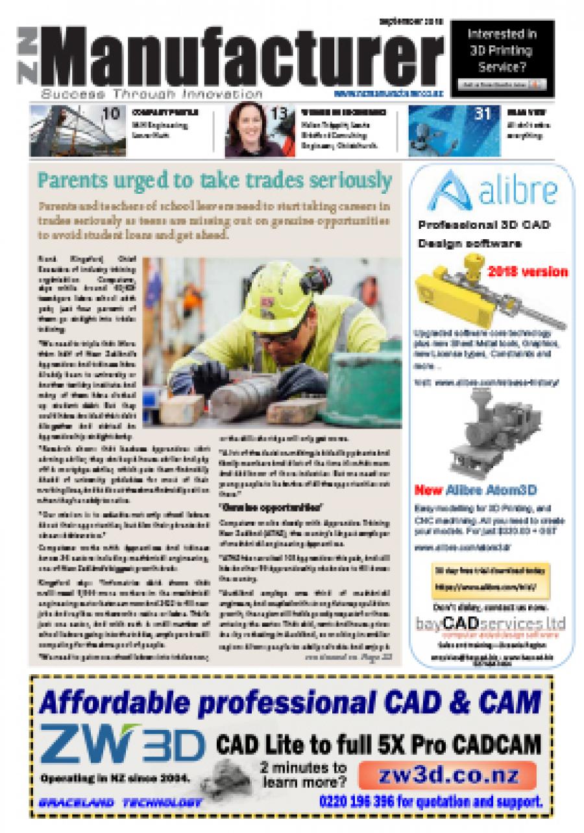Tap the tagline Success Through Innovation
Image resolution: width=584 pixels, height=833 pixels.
coord(152,94)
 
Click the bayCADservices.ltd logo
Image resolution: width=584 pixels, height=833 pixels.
coord(491,623)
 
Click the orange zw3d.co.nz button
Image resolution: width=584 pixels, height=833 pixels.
coord(448,775)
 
